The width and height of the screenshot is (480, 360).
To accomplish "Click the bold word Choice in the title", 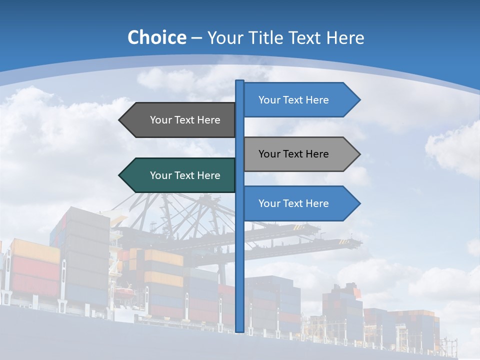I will click(156, 38).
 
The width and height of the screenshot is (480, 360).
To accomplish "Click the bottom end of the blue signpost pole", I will click(240, 330).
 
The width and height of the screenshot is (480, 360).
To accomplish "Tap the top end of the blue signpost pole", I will click(240, 82).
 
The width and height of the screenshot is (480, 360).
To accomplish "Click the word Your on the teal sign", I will click(160, 175).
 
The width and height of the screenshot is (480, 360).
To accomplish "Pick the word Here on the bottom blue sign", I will click(316, 203).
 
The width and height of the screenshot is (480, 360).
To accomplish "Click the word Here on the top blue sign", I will click(316, 100).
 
